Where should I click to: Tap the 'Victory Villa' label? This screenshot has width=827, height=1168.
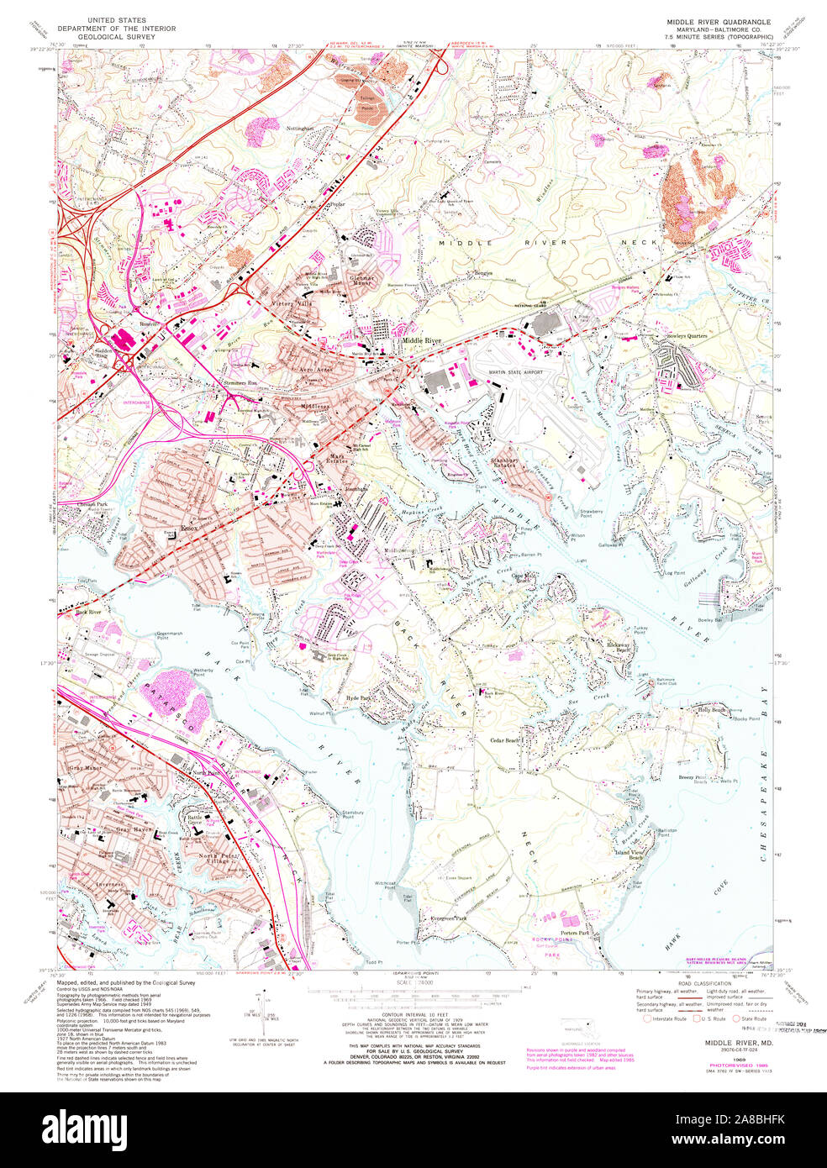pyautogui.click(x=290, y=303)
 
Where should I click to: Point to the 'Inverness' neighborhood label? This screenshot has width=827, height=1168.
pyautogui.click(x=109, y=884)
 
